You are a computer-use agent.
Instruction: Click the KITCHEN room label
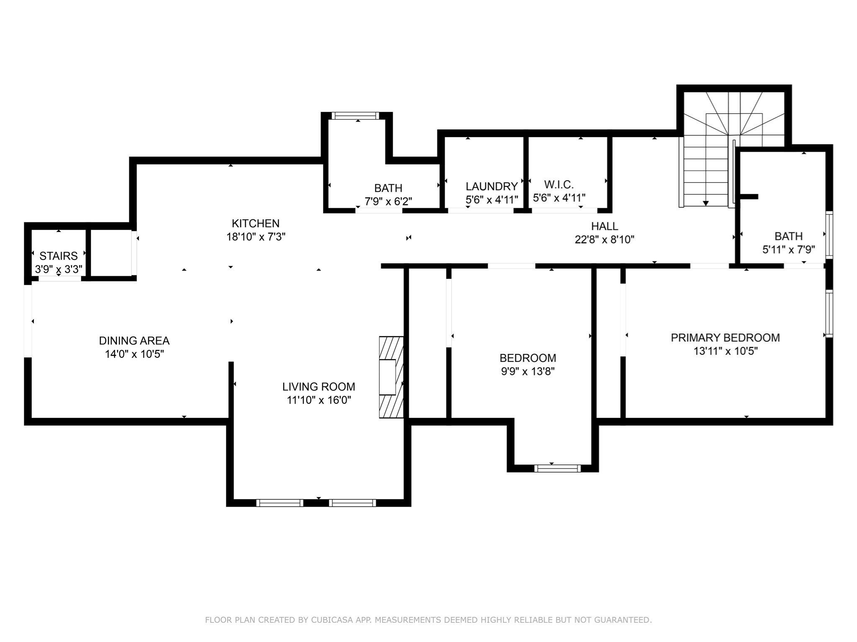[256, 223]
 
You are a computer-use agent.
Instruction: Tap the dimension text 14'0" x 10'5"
[134, 354]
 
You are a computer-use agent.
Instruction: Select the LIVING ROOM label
[318, 387]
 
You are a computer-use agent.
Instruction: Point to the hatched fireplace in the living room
[391, 377]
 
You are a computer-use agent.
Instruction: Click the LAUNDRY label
[492, 186]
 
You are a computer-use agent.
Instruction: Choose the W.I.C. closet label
[559, 184]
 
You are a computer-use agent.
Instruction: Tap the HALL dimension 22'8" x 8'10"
[604, 239]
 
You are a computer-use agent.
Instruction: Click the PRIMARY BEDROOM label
[725, 338]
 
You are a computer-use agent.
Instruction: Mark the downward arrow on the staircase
[706, 203]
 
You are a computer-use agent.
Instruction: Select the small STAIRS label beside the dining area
[59, 256]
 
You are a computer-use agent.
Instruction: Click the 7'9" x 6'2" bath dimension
[388, 201]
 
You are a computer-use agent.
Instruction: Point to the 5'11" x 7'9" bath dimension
[788, 250]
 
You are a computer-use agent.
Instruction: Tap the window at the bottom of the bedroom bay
[557, 468]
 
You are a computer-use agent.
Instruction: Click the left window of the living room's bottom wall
[280, 503]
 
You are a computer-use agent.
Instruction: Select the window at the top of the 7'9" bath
[355, 116]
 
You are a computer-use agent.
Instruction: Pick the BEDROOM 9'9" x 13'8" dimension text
[528, 371]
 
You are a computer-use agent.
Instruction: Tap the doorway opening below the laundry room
[480, 211]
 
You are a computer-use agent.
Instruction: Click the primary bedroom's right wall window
[829, 313]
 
